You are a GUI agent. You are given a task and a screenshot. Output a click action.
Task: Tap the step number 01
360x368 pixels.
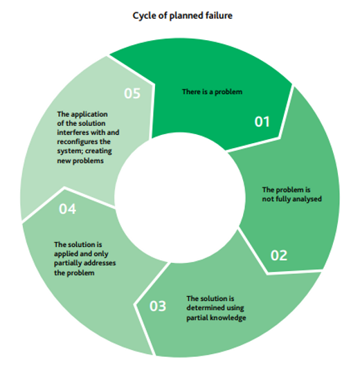coord(262,122)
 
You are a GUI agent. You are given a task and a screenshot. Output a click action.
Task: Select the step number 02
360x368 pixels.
coord(278,255)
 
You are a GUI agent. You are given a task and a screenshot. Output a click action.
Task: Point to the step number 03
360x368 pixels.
coord(158,305)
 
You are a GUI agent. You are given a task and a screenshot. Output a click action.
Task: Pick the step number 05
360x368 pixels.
coord(133,94)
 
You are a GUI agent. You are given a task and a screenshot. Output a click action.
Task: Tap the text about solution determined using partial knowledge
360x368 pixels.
coord(216,308)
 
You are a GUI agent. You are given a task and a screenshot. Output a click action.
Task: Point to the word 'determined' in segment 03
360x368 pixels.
coord(206,308)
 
